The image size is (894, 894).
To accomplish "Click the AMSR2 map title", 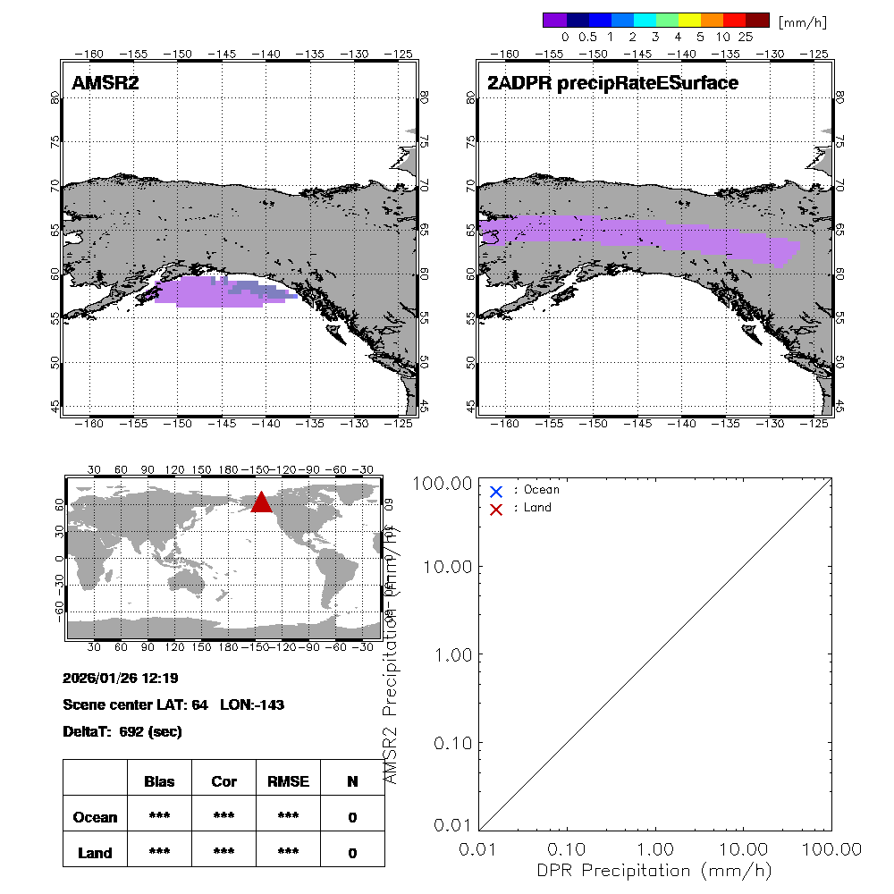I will pos(105,83).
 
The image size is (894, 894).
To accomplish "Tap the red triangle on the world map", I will pos(261,502).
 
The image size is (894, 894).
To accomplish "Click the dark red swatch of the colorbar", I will pos(757,21).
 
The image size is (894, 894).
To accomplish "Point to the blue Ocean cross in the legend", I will pos(496,491).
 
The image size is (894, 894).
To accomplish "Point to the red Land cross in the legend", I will pos(496,509).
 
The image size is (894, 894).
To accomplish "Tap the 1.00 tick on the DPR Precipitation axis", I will pos(656,848).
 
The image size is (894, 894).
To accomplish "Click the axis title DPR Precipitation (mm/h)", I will pos(654,870).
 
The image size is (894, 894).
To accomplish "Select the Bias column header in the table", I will pos(159,781).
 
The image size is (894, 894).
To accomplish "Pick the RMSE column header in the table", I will pos(288,781).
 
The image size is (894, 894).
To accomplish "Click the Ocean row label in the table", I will pos(95,817).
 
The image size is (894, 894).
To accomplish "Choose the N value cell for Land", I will pos(352,853).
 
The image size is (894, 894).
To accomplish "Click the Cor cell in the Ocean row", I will pos(223,817).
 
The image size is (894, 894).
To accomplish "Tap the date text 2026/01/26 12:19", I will pos(121,678).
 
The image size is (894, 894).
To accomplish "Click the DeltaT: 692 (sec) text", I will pos(122,731).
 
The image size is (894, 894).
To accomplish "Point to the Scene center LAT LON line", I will pos(173,704).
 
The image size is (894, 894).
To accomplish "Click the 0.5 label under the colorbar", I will pos(587,38).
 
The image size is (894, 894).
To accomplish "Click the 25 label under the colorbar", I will pos(746,38).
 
